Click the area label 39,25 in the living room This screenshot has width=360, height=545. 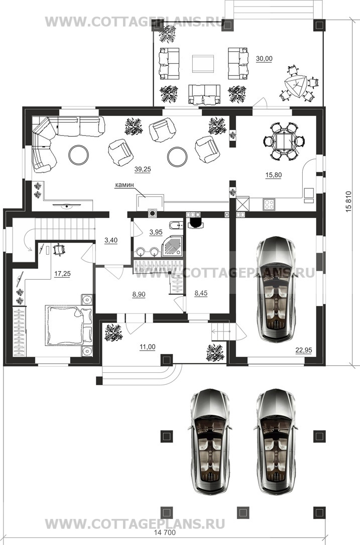143,169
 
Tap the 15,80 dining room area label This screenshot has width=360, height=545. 274,175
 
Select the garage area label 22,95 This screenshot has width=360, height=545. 303,351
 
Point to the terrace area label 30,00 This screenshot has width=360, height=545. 264,58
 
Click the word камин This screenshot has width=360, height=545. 125,185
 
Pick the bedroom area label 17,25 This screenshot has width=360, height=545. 62,274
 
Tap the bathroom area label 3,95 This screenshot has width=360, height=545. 156,232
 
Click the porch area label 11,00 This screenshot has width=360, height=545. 147,347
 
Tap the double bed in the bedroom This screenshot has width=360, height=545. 69,325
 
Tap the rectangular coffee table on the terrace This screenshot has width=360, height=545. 203,63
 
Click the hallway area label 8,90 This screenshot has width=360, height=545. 139,294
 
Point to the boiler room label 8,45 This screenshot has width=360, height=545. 201,293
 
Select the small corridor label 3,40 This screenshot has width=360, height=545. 111,240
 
